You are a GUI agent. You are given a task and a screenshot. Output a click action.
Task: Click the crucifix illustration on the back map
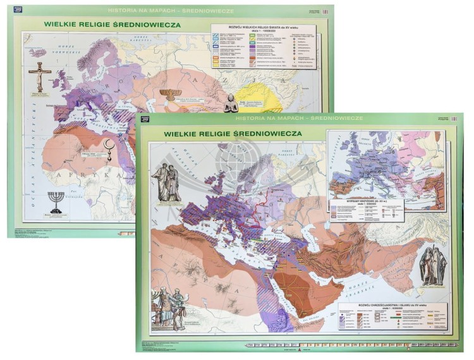coord(40,76)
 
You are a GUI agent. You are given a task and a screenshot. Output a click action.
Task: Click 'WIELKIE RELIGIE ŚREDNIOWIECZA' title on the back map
coord(112,25)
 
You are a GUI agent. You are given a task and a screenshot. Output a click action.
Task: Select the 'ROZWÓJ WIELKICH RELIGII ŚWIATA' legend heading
coord(260,28)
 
